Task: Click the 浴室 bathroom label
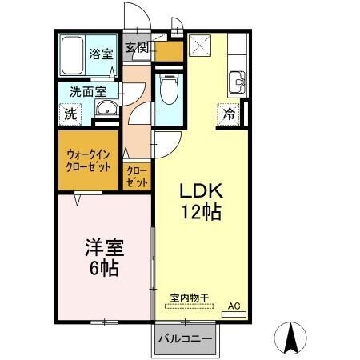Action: pos(100,54)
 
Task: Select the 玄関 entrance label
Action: pos(137,48)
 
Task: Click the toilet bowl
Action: pos(168,90)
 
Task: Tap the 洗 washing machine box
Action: pos(71,114)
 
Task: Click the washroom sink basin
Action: pos(104,111)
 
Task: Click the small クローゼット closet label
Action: pos(137,177)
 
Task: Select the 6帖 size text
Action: pos(103,269)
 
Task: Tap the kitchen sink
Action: pos(237,81)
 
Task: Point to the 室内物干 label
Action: pos(189,298)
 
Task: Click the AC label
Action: pos(234,306)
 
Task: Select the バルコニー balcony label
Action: pos(184,339)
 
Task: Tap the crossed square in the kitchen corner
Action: pos(198,43)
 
